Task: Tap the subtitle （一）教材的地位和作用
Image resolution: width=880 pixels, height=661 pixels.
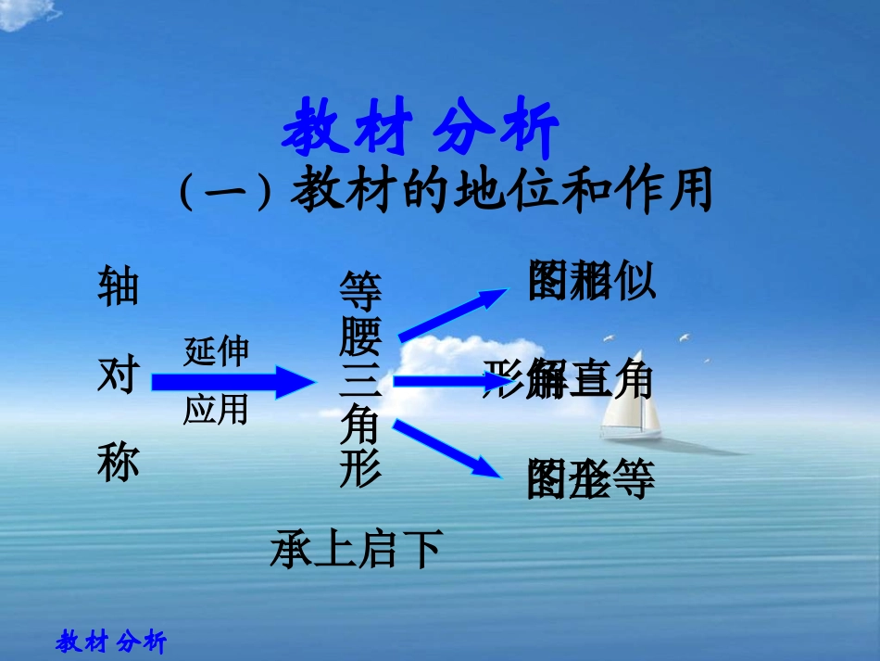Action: point(446,194)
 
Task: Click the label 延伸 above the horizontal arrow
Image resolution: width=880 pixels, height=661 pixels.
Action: point(216,351)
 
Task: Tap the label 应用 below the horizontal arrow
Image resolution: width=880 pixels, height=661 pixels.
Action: point(216,408)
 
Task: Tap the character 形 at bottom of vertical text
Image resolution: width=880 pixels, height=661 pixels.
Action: point(360,469)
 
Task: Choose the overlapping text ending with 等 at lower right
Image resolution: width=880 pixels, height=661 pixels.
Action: point(591,479)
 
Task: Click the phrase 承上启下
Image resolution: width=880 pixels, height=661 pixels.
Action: point(356,549)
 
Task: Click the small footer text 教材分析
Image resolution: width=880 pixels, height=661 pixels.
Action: point(111,642)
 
